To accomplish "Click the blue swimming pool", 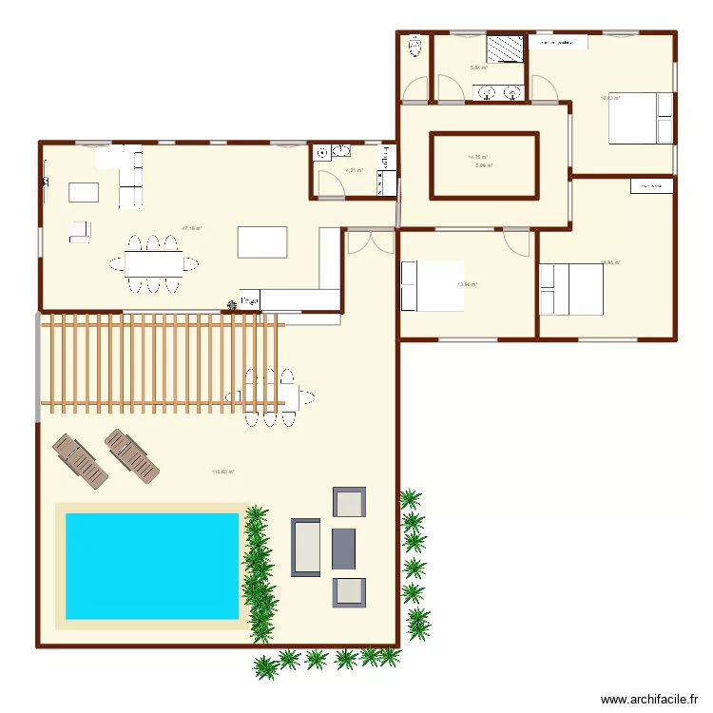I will click(151, 566).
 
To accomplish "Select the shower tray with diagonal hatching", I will click(505, 48).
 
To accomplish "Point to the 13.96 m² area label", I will click(467, 283).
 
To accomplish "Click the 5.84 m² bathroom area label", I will click(478, 67).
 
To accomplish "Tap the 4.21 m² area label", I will click(354, 171).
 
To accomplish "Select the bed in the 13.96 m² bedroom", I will click(433, 285).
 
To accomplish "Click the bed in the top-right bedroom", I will click(640, 118).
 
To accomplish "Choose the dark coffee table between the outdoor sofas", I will click(343, 548).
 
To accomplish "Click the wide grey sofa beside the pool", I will click(306, 548).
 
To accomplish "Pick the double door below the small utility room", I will click(369, 241).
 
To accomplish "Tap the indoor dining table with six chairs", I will click(153, 261).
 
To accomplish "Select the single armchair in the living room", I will click(79, 230).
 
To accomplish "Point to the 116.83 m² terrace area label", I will click(222, 471).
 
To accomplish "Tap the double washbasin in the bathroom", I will click(499, 92).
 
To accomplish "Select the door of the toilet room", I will click(414, 90).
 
